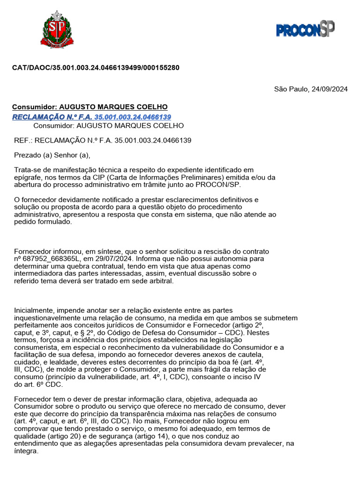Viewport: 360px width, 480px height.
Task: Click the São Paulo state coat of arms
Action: (x=57, y=30)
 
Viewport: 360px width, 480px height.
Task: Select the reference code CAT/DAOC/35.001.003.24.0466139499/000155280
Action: (x=96, y=67)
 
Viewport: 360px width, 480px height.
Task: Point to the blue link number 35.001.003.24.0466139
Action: (x=133, y=117)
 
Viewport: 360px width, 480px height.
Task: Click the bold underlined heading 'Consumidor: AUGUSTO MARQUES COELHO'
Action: (x=90, y=107)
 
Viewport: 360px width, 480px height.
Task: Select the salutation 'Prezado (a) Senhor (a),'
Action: (x=52, y=155)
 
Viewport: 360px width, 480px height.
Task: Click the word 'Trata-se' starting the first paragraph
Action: (x=27, y=170)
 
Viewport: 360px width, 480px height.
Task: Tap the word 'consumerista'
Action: (x=35, y=347)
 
